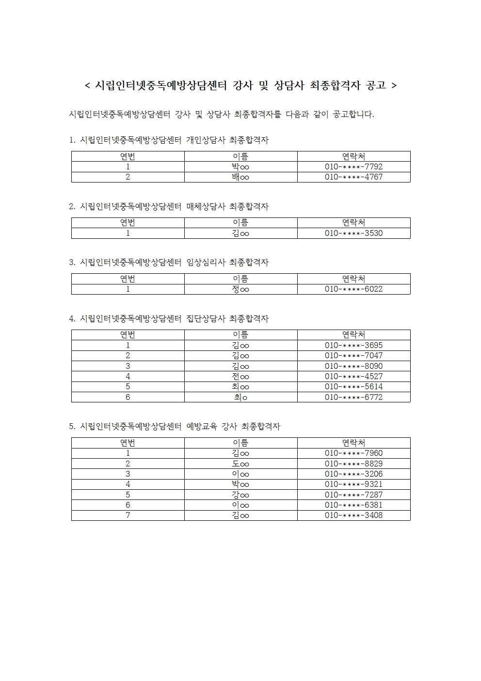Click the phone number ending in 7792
353,166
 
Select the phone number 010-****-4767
353,177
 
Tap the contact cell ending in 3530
353,233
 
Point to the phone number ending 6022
353,289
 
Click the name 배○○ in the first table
240,177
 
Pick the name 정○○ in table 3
240,289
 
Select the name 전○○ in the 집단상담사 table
240,377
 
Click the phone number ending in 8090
353,366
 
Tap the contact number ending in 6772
353,397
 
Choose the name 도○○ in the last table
240,464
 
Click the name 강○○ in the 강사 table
240,495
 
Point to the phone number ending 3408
353,515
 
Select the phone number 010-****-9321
353,484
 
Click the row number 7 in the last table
128,515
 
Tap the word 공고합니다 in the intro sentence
353,115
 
